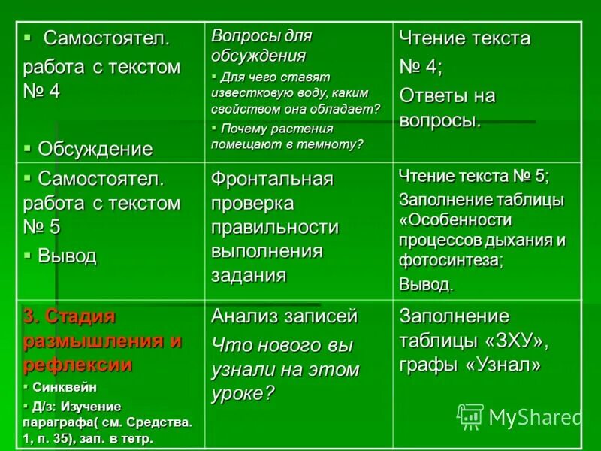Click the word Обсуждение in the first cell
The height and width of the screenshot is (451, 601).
coord(95,148)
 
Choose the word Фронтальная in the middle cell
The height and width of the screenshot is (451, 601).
coord(271,180)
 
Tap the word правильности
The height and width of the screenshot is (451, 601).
coord(275,227)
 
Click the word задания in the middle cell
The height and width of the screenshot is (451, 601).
coord(249,275)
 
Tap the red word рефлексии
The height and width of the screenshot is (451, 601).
coord(77,365)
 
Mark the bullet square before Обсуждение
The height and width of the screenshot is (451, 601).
coord(28,147)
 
